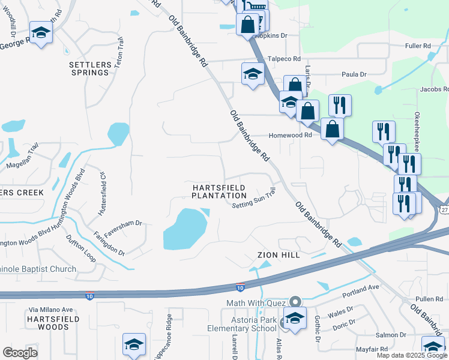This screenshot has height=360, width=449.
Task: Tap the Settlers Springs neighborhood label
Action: [89, 68]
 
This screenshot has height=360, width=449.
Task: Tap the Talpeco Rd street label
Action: [283, 59]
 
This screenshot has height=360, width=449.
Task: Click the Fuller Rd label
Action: [418, 46]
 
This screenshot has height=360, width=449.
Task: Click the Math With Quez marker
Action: [295, 302]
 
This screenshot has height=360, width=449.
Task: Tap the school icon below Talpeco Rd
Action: [253, 74]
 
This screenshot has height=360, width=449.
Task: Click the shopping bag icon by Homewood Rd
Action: [332, 129]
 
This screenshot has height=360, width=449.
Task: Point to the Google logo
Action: [20, 353]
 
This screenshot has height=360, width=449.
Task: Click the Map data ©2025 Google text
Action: [411, 355]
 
